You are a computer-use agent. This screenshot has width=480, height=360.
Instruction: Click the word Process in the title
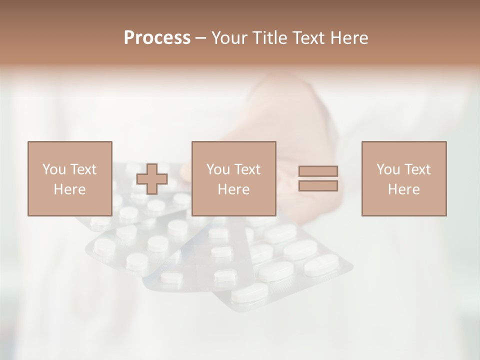(x=157, y=38)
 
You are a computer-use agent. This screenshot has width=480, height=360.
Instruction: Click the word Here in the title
(x=348, y=38)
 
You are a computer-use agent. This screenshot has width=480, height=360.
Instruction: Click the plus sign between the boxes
(x=152, y=179)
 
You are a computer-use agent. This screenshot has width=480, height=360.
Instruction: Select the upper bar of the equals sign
(x=318, y=171)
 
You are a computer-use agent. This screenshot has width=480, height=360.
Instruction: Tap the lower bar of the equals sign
(x=318, y=186)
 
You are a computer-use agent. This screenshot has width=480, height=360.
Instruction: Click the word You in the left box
(x=53, y=169)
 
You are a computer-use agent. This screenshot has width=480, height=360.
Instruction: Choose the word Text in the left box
(x=83, y=169)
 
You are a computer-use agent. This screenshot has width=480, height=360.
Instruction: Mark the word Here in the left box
(x=69, y=189)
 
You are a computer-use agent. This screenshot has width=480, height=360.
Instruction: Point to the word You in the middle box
(x=217, y=169)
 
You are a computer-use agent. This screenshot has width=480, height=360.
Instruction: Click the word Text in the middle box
(x=247, y=169)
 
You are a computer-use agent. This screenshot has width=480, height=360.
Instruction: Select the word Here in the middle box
(x=233, y=189)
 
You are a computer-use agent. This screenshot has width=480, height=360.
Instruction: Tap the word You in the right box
(x=387, y=169)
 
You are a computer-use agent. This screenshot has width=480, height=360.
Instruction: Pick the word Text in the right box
(x=417, y=169)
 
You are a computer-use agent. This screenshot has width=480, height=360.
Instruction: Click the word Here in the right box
(x=403, y=189)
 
